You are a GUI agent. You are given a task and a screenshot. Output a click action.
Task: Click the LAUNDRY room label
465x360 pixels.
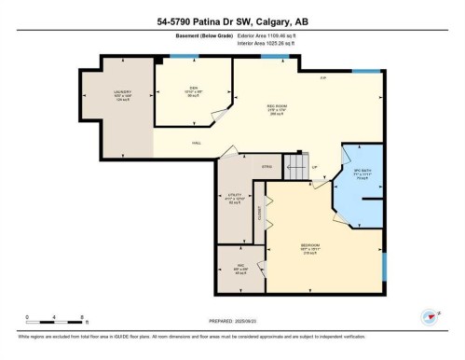pyautogui.click(x=122, y=91)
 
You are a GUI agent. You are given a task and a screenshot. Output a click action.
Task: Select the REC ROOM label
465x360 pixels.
pyautogui.click(x=278, y=106)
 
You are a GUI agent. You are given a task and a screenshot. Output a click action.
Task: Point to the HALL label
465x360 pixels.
pyautogui.click(x=197, y=143)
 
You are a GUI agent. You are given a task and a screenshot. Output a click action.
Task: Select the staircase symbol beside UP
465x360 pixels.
pyautogui.click(x=296, y=169)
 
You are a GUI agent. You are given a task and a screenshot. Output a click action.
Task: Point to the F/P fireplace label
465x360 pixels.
pyautogui.click(x=322, y=77)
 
